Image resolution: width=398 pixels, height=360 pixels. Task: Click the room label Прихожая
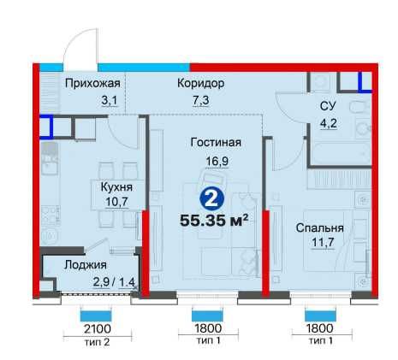click(x=92, y=84)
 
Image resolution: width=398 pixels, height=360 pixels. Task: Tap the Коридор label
click(x=201, y=83)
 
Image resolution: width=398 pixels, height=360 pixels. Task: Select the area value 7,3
click(x=201, y=100)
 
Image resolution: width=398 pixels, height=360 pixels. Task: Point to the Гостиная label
click(x=216, y=142)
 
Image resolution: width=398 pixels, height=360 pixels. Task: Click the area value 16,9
click(x=217, y=162)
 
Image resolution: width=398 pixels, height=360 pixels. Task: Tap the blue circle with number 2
click(x=212, y=199)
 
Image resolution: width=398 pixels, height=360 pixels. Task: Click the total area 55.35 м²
click(x=214, y=221)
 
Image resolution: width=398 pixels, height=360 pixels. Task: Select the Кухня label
click(x=116, y=187)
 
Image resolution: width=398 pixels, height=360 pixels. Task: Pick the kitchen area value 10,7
click(x=116, y=202)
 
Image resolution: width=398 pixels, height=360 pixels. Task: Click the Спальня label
click(x=319, y=228)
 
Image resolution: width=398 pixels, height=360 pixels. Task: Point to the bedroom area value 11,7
click(x=323, y=243)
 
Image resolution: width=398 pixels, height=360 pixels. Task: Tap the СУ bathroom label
click(x=328, y=106)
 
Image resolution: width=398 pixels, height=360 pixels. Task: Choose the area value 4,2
click(x=329, y=123)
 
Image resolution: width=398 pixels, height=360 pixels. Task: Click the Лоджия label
click(x=86, y=265)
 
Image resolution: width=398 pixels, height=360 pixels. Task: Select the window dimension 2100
click(x=98, y=329)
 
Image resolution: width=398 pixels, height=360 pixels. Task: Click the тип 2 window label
click(x=97, y=342)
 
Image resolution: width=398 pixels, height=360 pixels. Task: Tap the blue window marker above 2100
click(x=96, y=316)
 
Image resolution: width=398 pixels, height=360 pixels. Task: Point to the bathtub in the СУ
click(x=342, y=152)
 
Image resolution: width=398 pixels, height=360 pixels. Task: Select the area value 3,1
click(x=110, y=100)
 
